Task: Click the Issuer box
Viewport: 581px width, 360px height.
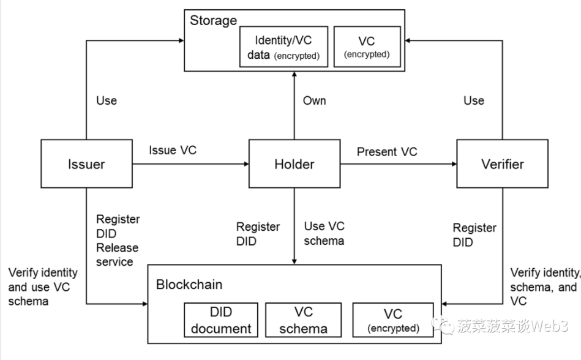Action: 86,164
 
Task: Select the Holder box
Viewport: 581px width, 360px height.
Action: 294,164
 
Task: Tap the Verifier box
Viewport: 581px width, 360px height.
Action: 502,164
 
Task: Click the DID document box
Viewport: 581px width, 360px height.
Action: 221,320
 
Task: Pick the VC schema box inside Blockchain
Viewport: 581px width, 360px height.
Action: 304,320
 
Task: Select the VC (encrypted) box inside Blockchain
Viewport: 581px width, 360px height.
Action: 392,320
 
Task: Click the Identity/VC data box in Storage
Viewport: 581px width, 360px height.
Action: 283,47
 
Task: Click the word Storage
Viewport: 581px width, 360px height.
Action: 213,20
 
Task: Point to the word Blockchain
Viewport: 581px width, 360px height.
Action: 189,285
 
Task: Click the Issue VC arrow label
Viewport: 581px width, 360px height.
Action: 173,151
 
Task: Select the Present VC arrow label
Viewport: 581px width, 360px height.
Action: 387,151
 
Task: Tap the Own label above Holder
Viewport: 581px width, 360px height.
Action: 315,100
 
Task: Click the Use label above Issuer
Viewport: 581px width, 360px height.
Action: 107,100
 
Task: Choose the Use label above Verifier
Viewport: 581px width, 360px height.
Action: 474,100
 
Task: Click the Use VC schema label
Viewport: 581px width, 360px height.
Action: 324,233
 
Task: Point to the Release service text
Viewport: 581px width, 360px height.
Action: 117,255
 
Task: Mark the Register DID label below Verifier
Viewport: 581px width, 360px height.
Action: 474,234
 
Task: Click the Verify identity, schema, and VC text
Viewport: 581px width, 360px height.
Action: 544,287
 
